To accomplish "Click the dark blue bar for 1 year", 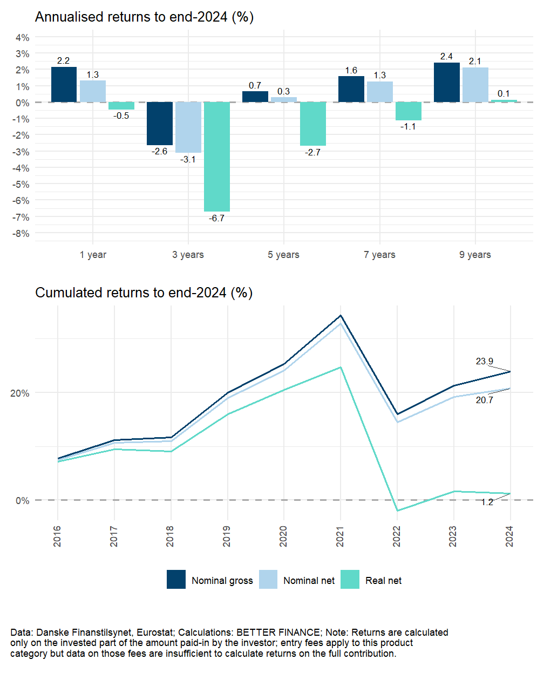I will (64, 84).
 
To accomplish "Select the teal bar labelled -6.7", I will (217, 157).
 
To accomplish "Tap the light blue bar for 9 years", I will (475, 85).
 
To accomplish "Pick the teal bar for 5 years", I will (312, 124).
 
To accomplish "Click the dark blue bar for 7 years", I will (351, 89).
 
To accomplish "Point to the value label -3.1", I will (188, 160).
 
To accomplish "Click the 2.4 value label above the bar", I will (446, 57).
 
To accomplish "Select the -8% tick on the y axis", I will (22, 234).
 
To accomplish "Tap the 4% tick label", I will (23, 38).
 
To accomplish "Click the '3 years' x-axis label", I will (188, 255).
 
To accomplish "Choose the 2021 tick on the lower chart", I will (340, 536).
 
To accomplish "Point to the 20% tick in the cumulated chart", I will (20, 393).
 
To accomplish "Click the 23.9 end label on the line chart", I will (484, 362).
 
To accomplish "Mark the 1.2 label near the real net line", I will (487, 502).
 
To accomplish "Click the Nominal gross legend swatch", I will (176, 580).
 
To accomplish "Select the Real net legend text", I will (383, 581).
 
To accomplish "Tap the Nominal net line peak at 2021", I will (341, 324).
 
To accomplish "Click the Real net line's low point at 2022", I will (397, 511).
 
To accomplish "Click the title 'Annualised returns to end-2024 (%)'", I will (144, 17).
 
